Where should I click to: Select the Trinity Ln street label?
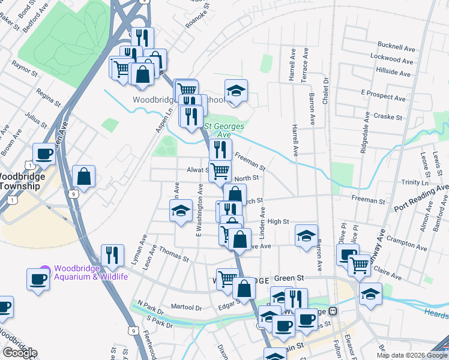pos(415,182)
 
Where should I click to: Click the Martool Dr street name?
pos(186,307)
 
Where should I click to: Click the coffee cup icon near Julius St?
pos(44,154)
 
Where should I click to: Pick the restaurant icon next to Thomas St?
pos(112,255)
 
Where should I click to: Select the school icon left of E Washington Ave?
pos(181,212)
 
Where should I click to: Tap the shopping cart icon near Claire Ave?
pos(359,263)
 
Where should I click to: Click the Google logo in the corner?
pos(19,353)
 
